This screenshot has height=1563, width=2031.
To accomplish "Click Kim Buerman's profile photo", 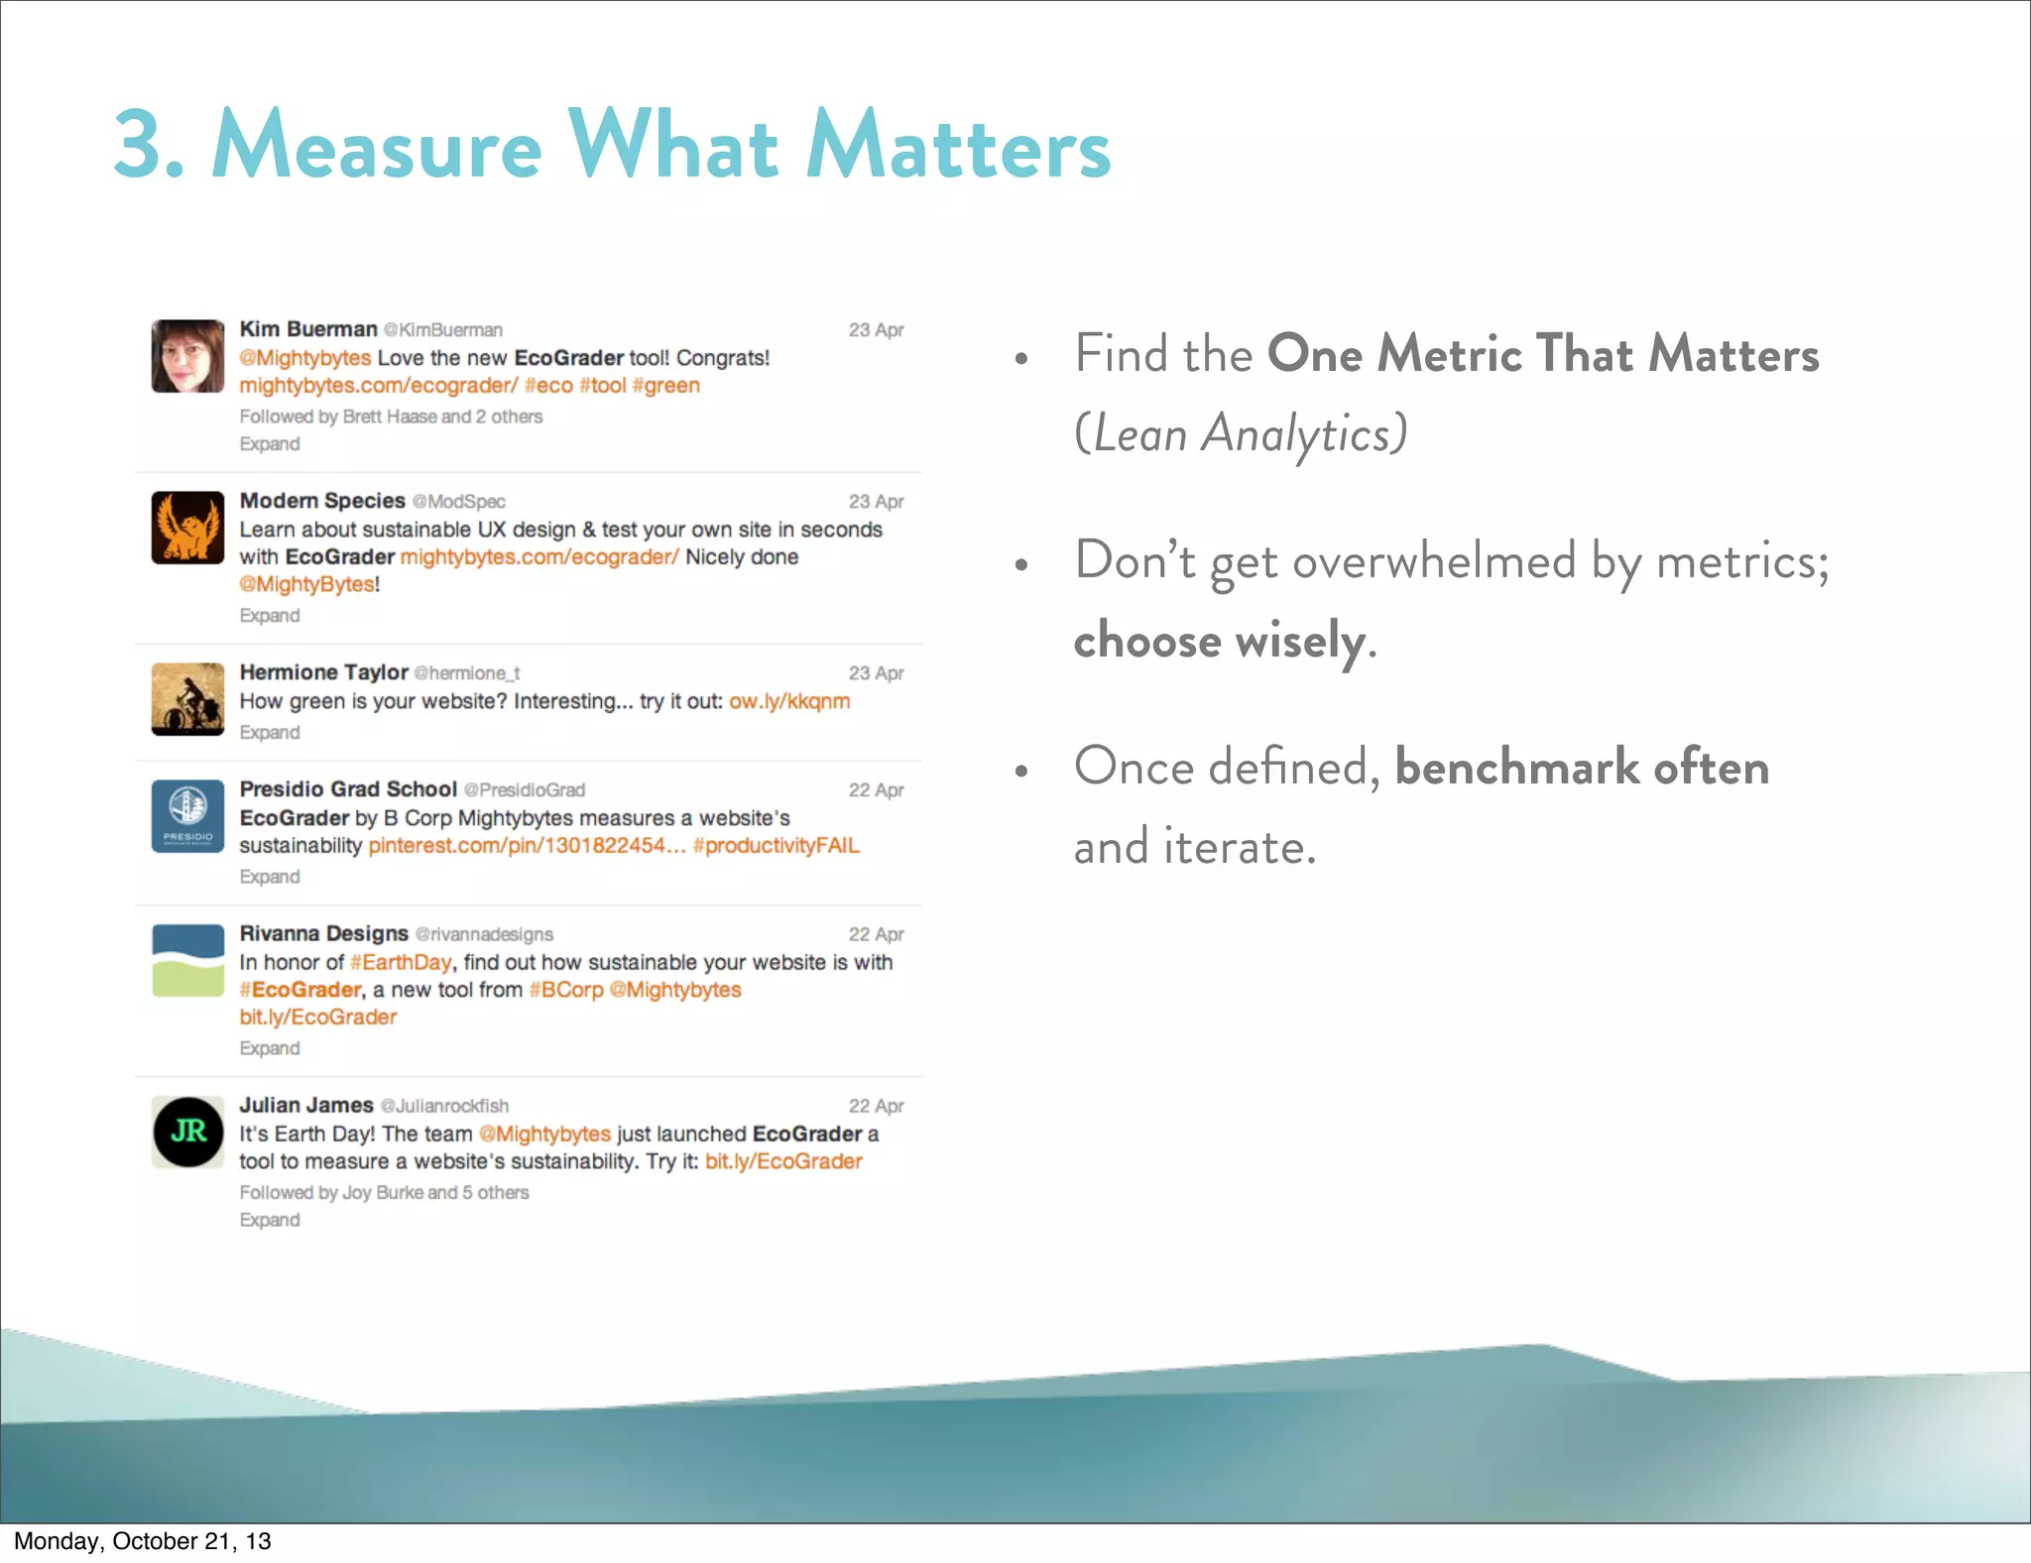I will click(187, 356).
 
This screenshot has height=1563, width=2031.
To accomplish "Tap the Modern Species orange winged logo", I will click(187, 528).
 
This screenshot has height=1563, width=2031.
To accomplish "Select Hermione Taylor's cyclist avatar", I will click(187, 699).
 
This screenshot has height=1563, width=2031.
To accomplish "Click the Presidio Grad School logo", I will click(187, 816).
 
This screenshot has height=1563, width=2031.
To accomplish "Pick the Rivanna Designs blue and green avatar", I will click(187, 961).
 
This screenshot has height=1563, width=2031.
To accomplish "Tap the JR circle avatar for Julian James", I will click(187, 1132).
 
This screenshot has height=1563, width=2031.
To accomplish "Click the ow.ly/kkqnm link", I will click(789, 702).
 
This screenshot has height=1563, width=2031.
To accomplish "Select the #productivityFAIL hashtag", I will click(776, 846).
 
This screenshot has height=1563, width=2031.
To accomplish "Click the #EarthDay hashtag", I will click(401, 963).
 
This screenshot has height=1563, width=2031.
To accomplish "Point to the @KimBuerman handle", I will click(443, 330).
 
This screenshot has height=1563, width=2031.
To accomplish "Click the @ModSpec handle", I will click(459, 502).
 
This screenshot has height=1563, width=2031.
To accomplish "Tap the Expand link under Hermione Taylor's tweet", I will click(269, 733).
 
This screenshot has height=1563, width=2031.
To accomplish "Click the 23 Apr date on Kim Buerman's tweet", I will click(876, 330).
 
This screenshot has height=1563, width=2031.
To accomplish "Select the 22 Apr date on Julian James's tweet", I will click(876, 1106).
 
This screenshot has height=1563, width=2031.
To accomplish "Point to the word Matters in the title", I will click(958, 146).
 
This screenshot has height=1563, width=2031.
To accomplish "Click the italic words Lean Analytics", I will click(1241, 434).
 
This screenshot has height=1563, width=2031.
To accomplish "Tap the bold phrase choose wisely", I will click(1219, 641).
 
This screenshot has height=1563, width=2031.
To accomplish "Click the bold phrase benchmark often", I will click(1582, 768).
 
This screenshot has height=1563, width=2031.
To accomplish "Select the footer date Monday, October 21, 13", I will click(143, 1541).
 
